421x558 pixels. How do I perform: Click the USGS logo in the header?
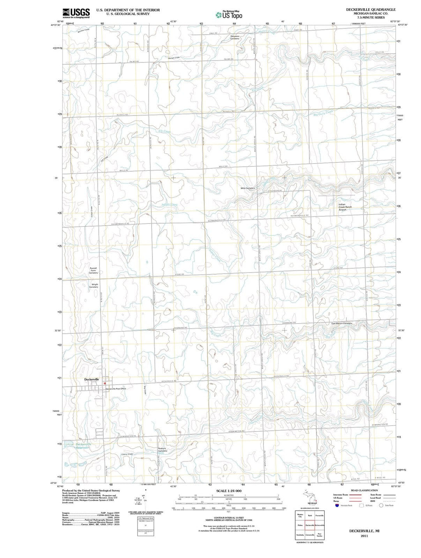(76, 13)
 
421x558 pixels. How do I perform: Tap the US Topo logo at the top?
(229, 14)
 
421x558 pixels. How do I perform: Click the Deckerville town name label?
(92, 379)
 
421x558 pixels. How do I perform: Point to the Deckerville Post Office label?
(115, 389)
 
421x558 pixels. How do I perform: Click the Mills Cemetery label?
(248, 188)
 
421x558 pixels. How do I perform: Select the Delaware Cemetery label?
(235, 37)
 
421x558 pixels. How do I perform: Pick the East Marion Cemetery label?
(341, 323)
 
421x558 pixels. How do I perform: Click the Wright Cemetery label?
(95, 285)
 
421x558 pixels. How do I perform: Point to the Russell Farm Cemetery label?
(93, 270)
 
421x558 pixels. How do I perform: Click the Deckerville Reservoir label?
(83, 446)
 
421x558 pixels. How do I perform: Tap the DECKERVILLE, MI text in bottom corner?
(364, 531)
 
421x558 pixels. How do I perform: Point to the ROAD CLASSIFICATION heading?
(364, 490)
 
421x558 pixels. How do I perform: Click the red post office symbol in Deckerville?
(104, 384)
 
